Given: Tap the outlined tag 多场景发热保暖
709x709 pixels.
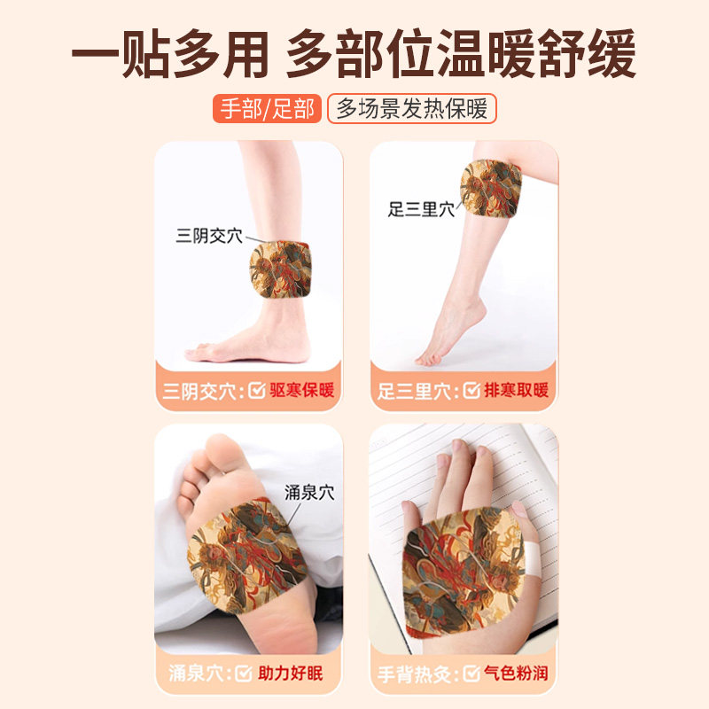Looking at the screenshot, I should [411, 108].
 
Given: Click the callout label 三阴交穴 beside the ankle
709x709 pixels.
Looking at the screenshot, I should [208, 236].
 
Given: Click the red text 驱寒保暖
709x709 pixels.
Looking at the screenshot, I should [303, 390].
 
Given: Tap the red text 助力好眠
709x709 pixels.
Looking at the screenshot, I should [290, 674].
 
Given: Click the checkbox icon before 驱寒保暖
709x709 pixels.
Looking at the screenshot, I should [256, 390].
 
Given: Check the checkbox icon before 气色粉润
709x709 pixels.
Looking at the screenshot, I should [471, 674].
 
